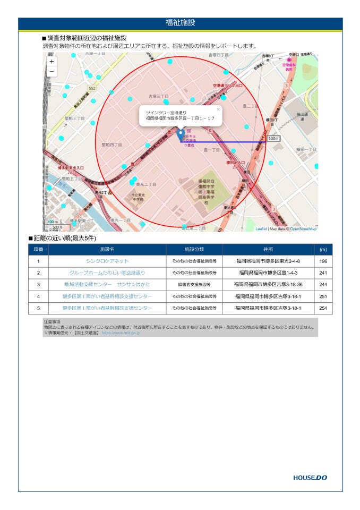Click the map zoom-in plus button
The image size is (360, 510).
tap(52, 62)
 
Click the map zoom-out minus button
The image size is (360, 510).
tap(52, 72)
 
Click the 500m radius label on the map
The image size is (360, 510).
tap(273, 138)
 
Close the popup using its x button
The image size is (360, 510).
tap(218, 109)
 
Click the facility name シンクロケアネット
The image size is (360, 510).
tap(107, 261)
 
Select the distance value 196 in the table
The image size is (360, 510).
tap(323, 261)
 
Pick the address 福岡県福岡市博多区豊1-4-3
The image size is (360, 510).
tap(268, 273)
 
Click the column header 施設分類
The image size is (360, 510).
tap(194, 249)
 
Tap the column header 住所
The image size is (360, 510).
tap(268, 249)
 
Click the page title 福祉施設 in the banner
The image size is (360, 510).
tap(180, 23)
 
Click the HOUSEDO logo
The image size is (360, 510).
tap(310, 478)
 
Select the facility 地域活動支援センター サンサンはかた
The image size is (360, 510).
tap(107, 285)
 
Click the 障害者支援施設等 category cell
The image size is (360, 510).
tap(194, 285)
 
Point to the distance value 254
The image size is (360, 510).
tap(323, 308)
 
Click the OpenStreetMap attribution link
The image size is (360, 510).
tap(303, 229)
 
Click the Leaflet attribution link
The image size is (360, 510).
tap(261, 229)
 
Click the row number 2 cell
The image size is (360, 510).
tap(38, 273)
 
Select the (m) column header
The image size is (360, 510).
tap(323, 249)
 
